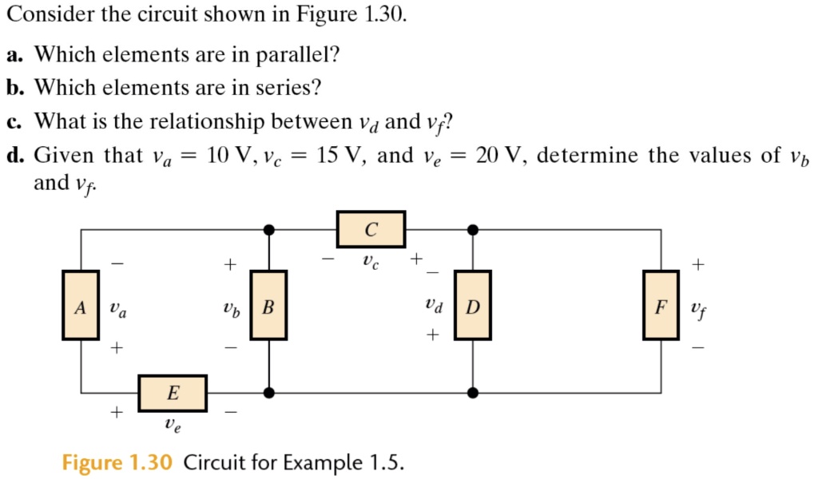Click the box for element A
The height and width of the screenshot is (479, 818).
pyautogui.click(x=80, y=305)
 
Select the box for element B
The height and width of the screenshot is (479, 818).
pyautogui.click(x=269, y=305)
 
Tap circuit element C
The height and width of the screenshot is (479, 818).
pyautogui.click(x=371, y=229)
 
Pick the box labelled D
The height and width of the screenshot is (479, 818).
pyautogui.click(x=473, y=305)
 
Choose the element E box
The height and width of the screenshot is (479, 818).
pyautogui.click(x=173, y=393)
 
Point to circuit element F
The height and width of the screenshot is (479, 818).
pyautogui.click(x=661, y=305)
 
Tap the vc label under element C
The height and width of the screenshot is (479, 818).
pyautogui.click(x=369, y=260)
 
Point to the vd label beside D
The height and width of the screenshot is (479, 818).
pyautogui.click(x=433, y=305)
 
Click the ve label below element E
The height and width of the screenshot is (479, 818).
pyautogui.click(x=173, y=426)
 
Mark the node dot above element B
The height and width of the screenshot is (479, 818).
pyautogui.click(x=269, y=230)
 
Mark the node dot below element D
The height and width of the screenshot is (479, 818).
pyautogui.click(x=473, y=392)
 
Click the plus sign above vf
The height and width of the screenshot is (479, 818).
pyautogui.click(x=699, y=263)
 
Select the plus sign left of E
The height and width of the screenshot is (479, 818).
pyautogui.click(x=117, y=412)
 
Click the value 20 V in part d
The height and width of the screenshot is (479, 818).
pyautogui.click(x=499, y=155)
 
